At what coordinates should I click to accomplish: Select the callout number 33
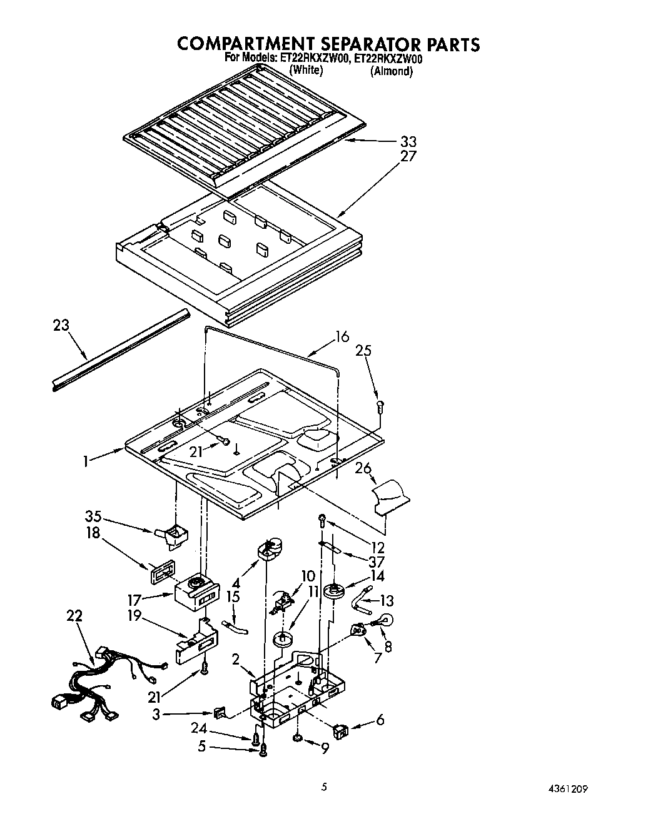[408, 141]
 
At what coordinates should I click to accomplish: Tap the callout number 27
[408, 156]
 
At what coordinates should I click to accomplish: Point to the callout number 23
[61, 325]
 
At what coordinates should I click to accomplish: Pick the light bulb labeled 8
[382, 621]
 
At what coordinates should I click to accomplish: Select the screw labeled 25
[380, 407]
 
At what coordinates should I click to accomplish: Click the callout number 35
[93, 516]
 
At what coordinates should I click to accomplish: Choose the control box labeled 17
[197, 591]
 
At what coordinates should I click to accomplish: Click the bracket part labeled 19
[196, 644]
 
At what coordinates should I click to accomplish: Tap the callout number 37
[377, 561]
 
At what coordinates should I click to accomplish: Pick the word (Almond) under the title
[392, 71]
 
